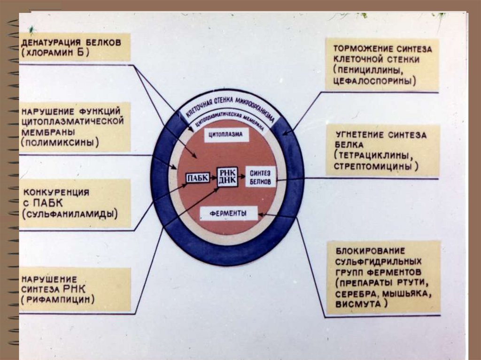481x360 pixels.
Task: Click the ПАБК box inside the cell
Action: point(197,178)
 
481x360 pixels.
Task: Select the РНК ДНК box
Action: point(227,176)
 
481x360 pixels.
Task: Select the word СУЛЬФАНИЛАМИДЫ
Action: point(70,214)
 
